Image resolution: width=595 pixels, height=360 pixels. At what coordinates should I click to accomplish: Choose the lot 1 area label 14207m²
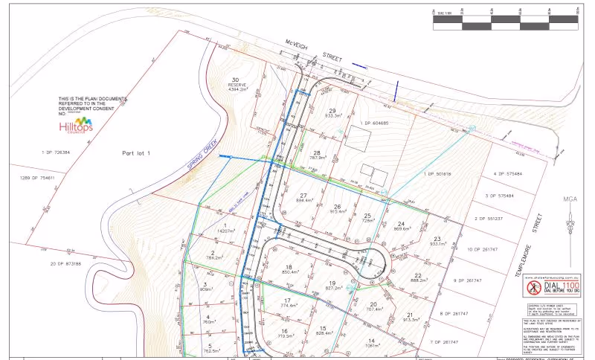coord(225,231)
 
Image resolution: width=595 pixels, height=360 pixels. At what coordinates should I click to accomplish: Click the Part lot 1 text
coord(136,152)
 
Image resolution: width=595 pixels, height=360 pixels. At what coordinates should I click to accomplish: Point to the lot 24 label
coord(402,225)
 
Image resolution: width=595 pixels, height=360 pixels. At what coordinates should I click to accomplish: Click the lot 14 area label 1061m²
coord(370,344)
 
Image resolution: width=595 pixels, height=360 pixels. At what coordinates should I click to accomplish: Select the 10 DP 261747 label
coord(484,249)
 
